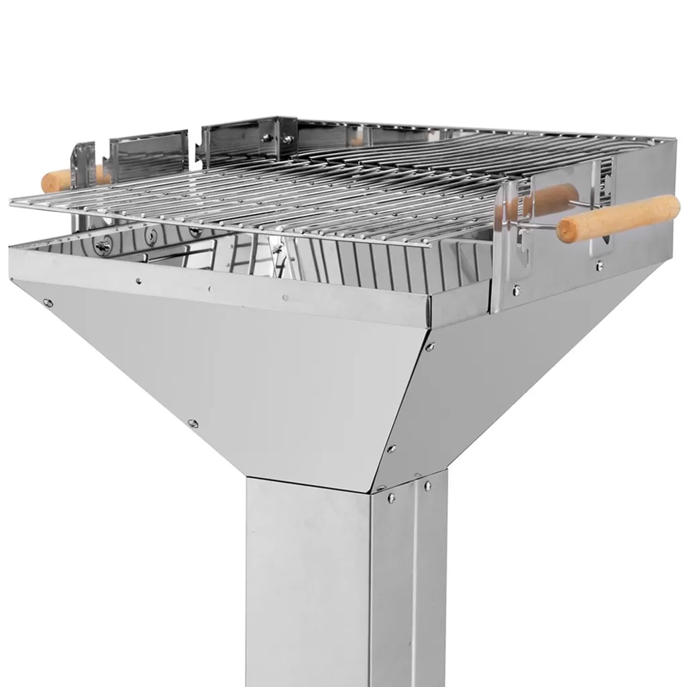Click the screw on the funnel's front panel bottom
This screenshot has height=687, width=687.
[193, 423]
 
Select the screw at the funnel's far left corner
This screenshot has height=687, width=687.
[48, 303]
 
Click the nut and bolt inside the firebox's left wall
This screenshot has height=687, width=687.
[103, 248]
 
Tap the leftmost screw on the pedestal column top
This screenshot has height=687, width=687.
[390, 498]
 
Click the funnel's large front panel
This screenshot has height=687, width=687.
[235, 376]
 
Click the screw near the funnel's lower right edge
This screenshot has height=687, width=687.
[391, 448]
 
